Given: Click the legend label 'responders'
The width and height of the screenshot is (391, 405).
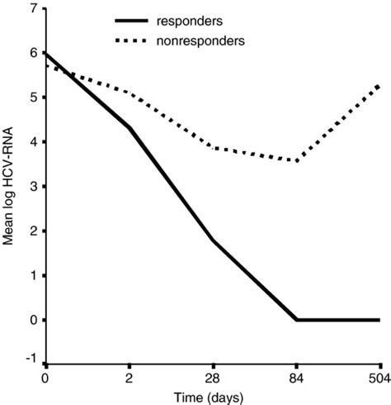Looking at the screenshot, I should click(x=203, y=17).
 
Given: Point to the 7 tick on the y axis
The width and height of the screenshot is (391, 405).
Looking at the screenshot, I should click(x=32, y=9).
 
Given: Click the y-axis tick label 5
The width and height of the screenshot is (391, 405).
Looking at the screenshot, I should click(x=32, y=98).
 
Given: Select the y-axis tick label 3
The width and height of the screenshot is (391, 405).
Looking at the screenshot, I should click(x=32, y=187).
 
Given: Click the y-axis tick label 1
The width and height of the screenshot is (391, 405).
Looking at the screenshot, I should click(x=32, y=275).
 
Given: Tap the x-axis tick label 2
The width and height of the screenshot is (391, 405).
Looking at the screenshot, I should click(x=130, y=377).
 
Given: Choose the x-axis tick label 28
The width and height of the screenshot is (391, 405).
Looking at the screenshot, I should click(x=213, y=377).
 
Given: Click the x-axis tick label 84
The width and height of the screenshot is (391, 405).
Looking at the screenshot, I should click(x=296, y=377).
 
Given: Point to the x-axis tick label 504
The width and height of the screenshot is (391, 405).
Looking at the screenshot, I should click(x=378, y=377).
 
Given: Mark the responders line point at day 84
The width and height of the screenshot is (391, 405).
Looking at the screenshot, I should click(x=296, y=320).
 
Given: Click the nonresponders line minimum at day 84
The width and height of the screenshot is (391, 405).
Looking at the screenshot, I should click(x=296, y=160).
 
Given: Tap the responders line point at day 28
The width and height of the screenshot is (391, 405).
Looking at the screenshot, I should click(x=213, y=241).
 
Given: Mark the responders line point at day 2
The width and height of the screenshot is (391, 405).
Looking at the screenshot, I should click(x=130, y=127).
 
